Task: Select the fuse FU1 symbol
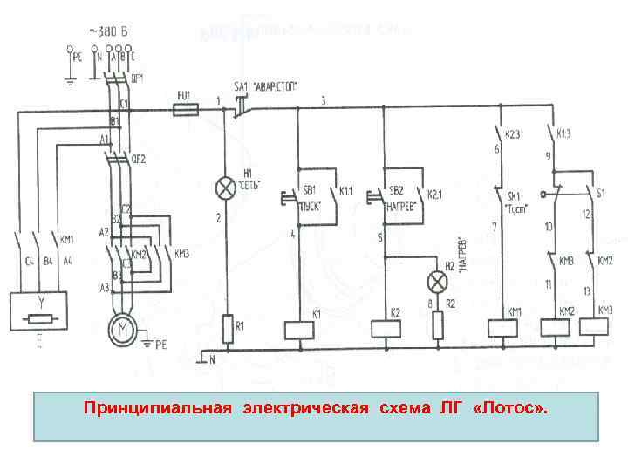[x=186, y=109]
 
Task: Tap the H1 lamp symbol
[x=226, y=186]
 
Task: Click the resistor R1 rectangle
[x=227, y=329]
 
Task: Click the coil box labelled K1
[x=298, y=329]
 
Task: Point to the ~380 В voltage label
[x=108, y=32]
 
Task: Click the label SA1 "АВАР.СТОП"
[x=266, y=85]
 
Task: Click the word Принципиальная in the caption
[x=158, y=407]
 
